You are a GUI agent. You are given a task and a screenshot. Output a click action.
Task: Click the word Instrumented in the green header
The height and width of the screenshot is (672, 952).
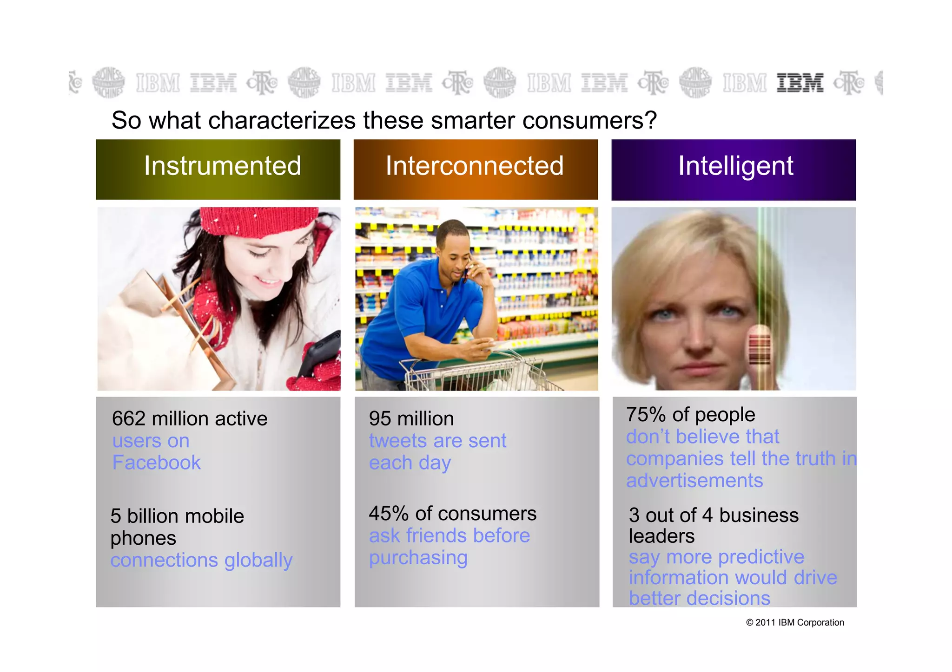coord(222,166)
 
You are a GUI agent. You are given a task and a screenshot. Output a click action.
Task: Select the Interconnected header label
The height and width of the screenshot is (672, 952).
coord(474,166)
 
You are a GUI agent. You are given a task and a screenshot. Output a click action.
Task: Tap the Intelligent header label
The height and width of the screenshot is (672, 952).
coord(735,166)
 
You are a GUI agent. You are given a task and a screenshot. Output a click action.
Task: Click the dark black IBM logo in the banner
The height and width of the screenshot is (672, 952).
coord(800,83)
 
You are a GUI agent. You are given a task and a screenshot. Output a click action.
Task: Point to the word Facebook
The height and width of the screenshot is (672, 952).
coord(156,463)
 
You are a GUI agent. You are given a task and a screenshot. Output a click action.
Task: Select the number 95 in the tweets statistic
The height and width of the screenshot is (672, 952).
coord(380,418)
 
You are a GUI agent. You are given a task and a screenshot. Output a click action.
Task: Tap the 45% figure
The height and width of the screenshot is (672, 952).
coord(389,514)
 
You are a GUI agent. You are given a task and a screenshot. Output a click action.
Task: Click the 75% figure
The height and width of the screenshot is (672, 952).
coord(646,414)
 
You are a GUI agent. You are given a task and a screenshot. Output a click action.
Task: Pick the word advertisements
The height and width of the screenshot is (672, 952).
coord(694,480)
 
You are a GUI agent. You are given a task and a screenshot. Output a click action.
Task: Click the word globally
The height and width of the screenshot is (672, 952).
coord(258,560)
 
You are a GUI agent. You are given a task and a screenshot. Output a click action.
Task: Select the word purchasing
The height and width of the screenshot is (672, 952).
coord(418,557)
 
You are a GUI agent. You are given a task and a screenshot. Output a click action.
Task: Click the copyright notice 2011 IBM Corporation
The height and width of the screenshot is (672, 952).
coord(795,622)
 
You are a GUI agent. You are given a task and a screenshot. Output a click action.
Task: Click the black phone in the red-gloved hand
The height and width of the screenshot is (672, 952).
coord(318,353)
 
